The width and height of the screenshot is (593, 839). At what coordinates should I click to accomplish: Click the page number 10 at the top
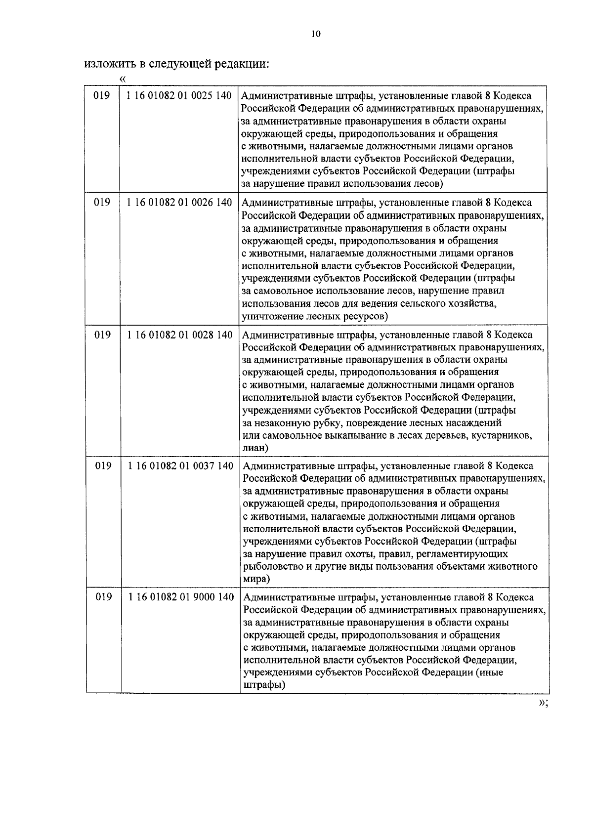[x=316, y=34]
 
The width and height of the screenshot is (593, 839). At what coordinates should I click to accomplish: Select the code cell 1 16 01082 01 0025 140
[x=179, y=95]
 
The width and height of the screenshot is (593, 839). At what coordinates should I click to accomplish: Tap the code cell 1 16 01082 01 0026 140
[x=179, y=203]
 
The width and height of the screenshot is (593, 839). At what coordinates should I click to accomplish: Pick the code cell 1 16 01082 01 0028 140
[x=180, y=335]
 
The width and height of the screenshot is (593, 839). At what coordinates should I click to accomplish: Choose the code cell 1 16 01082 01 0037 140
[x=180, y=466]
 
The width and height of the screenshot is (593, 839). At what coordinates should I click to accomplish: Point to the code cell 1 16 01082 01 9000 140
[x=181, y=597]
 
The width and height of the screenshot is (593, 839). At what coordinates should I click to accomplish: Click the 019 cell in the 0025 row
[x=101, y=95]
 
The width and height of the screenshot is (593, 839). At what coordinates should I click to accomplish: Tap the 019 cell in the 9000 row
[x=103, y=597]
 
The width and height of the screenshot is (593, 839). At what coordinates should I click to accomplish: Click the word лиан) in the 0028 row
[x=255, y=448]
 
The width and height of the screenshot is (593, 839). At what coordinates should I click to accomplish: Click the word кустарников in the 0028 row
[x=502, y=435]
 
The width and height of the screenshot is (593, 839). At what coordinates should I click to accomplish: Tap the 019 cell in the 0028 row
[x=102, y=335]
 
